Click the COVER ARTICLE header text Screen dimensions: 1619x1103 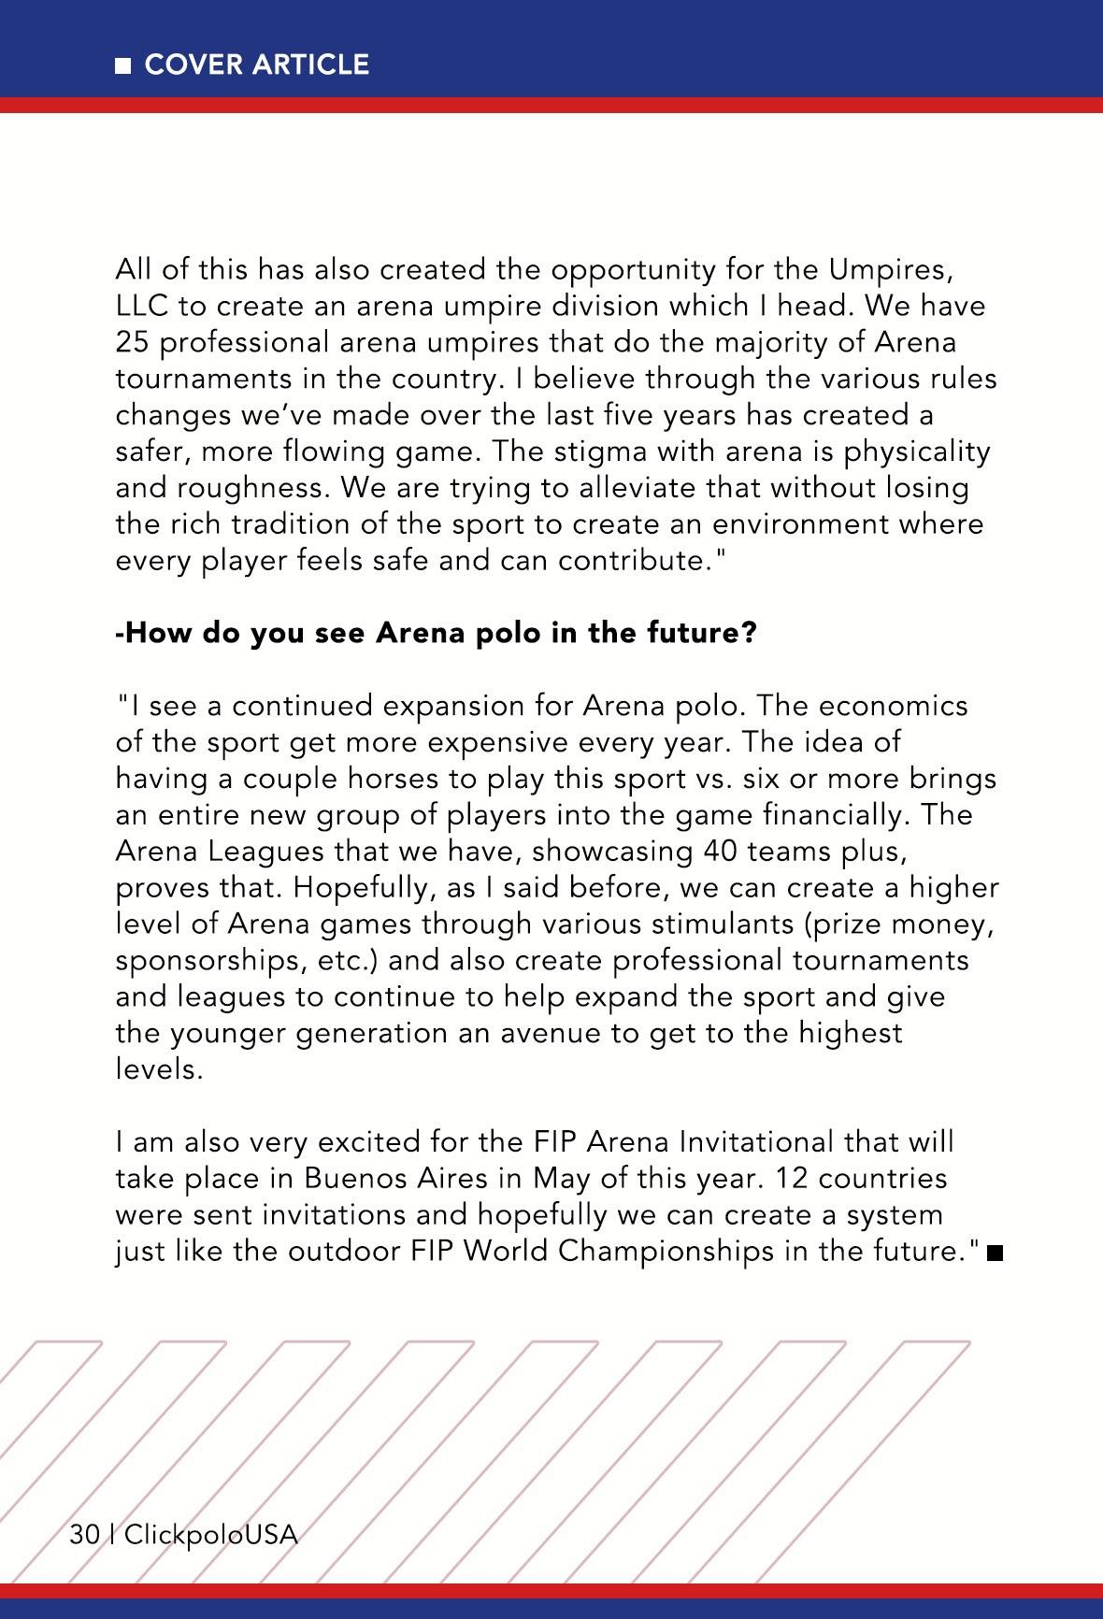[257, 64]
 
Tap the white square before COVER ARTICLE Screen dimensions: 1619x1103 [122, 65]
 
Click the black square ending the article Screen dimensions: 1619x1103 [994, 1253]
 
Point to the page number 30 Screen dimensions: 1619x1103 [84, 1535]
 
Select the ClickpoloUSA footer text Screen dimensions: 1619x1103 [211, 1535]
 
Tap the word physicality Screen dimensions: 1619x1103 [917, 452]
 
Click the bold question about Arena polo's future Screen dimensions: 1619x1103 [436, 634]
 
